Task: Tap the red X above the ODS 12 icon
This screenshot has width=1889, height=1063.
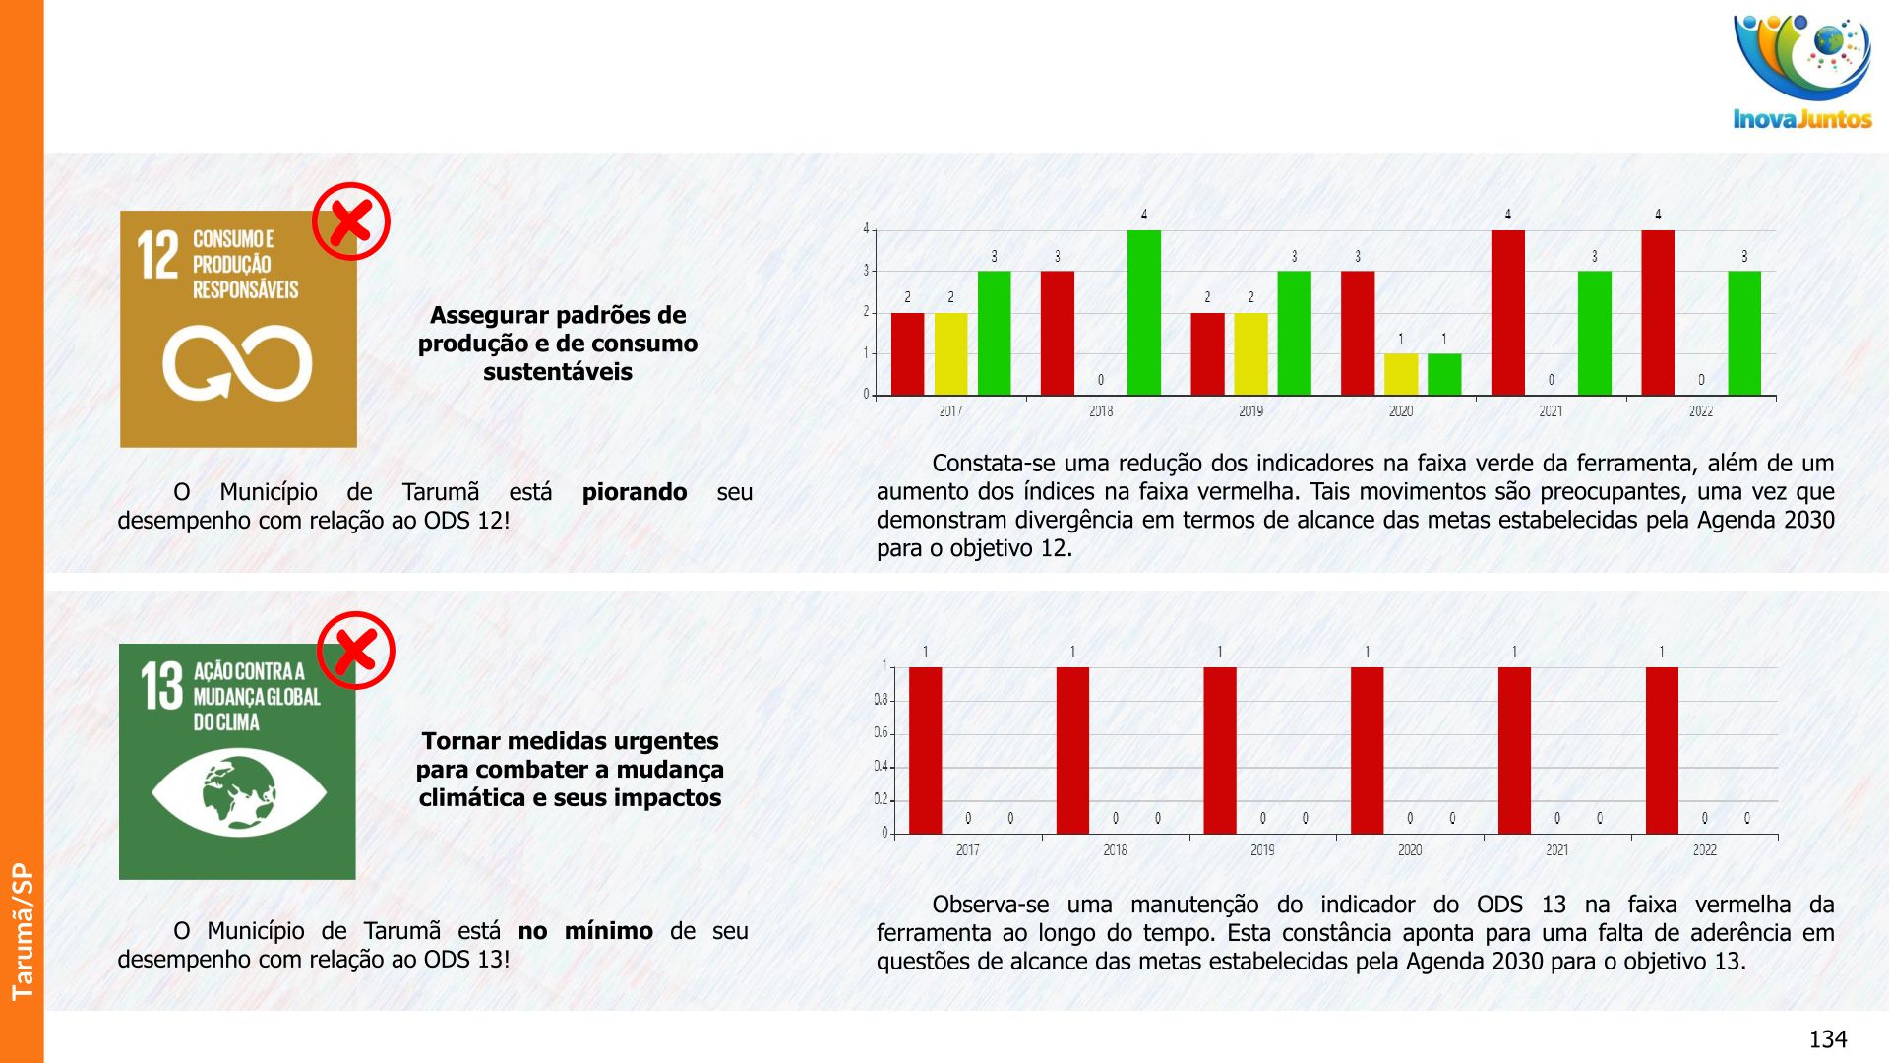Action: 351,221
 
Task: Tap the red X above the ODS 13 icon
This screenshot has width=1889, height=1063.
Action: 355,651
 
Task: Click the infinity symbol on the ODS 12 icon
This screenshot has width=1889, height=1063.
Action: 237,363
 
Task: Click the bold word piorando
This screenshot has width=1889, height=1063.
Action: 635,492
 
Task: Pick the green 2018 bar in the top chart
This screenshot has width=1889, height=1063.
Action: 1143,313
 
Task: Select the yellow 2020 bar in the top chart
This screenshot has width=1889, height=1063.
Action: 1400,374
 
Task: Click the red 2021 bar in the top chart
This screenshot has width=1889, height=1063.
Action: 1507,313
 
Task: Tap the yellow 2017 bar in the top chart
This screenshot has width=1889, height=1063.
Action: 950,354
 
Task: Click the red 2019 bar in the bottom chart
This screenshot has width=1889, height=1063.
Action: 1220,750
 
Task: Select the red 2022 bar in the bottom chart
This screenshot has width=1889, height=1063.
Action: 1662,750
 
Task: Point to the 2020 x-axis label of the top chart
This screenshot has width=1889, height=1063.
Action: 1400,411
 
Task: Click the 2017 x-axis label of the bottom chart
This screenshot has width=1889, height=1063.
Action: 967,849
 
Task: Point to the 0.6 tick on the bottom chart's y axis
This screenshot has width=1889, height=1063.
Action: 882,733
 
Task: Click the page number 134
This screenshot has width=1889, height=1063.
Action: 1827,1039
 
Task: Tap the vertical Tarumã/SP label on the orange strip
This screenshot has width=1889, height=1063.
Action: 22,931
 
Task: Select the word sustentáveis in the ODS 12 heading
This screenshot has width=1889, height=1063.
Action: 557,372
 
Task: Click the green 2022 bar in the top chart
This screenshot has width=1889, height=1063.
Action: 1744,334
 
